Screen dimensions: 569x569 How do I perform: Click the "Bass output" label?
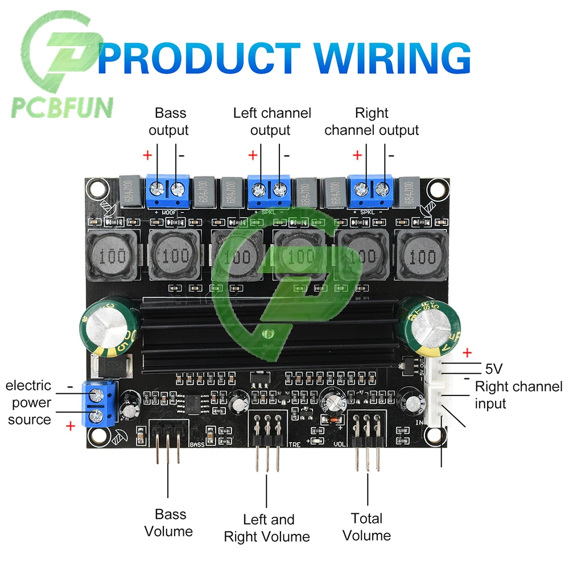(x=168, y=122)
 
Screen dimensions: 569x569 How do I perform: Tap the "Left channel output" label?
(x=271, y=122)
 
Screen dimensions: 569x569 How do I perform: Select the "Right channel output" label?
(x=372, y=122)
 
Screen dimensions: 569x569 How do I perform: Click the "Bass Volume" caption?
(x=169, y=523)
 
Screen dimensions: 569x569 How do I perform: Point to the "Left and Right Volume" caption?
(x=267, y=528)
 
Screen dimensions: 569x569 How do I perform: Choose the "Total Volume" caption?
(x=367, y=527)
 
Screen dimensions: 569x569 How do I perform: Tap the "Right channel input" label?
(x=518, y=395)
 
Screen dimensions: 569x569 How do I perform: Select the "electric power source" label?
(x=28, y=402)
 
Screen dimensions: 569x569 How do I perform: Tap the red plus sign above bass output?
(x=147, y=155)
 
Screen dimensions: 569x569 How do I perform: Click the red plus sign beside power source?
(x=71, y=426)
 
